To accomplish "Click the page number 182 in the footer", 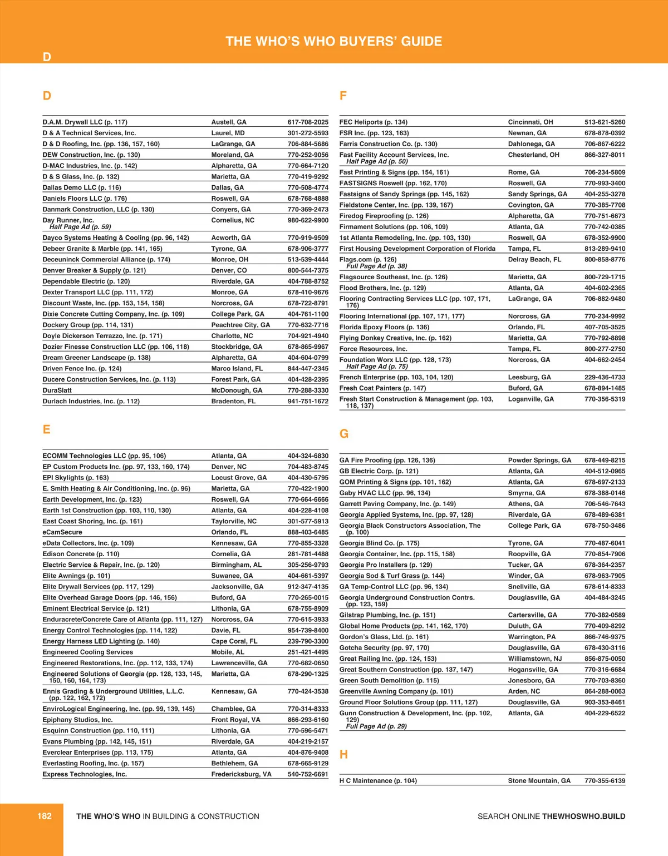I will tap(45, 816).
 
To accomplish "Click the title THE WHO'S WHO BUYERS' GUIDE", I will tap(334, 41).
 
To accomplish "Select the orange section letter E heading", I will tap(47, 429).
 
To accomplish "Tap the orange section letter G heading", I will tap(344, 434).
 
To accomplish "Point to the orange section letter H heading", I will tap(343, 754).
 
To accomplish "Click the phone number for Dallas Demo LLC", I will tap(308, 187).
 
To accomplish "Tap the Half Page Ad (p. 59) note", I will tap(80, 227).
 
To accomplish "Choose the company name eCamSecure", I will tap(62, 532).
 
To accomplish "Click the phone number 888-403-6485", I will tap(308, 532).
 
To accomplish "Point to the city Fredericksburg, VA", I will tap(241, 774).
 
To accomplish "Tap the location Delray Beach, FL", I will tap(534, 259).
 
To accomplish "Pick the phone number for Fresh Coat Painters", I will tap(605, 388).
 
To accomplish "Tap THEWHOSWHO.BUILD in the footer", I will tap(583, 817).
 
